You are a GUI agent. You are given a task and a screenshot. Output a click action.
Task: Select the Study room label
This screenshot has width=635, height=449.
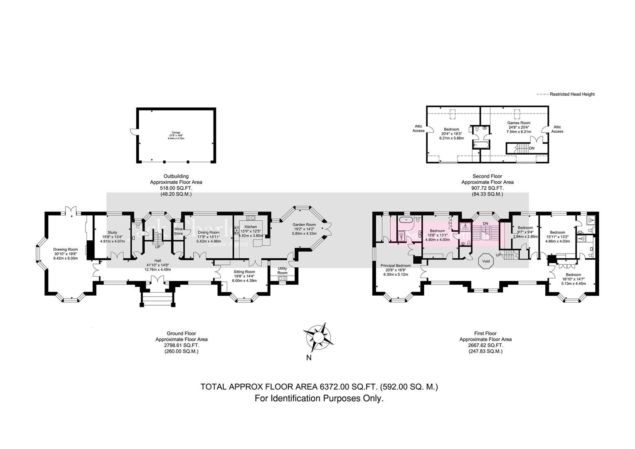pyautogui.click(x=112, y=232)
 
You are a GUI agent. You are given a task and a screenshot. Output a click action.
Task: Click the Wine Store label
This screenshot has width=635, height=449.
pyautogui.click(x=178, y=231)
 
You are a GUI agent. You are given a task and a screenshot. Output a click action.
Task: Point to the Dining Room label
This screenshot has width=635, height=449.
pyautogui.click(x=208, y=232)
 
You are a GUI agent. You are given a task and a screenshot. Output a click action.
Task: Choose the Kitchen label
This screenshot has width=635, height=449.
pyautogui.click(x=251, y=227)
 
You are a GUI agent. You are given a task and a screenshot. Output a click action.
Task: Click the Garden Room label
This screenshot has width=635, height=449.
pyautogui.click(x=304, y=224)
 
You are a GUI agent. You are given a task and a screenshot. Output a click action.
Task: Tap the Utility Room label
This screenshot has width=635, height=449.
pyautogui.click(x=282, y=270)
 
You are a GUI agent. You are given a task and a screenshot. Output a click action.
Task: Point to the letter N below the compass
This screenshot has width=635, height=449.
pyautogui.click(x=308, y=358)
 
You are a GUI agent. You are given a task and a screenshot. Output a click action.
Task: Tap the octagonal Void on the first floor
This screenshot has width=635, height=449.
pyautogui.click(x=485, y=262)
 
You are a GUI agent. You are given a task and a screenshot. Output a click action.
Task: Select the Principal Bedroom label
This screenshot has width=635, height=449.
pyautogui.click(x=396, y=266)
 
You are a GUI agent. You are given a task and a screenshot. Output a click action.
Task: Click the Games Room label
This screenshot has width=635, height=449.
pyautogui.click(x=519, y=123)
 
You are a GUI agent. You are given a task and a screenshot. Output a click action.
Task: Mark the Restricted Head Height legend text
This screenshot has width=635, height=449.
pyautogui.click(x=572, y=94)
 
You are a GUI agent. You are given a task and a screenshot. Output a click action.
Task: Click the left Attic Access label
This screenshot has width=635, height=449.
pyautogui.click(x=418, y=128)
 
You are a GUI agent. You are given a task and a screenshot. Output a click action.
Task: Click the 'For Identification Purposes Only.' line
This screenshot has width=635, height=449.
pyautogui.click(x=319, y=398)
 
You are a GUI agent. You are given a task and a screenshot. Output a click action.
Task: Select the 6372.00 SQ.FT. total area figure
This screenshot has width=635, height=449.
pyautogui.click(x=348, y=387)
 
